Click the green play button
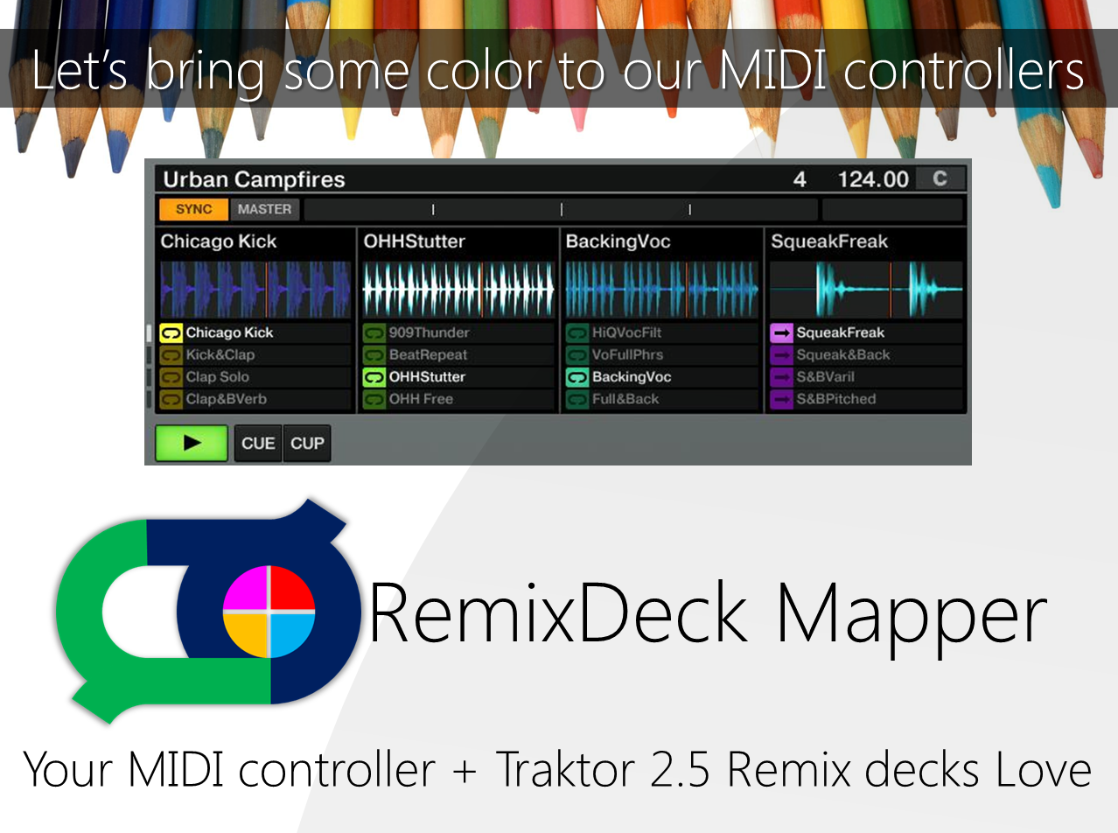click(192, 443)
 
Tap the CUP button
click(307, 443)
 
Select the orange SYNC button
click(193, 209)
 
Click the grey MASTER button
click(264, 209)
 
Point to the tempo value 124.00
click(873, 179)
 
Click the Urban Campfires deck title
click(255, 179)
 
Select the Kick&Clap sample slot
click(220, 354)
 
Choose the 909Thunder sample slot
click(429, 332)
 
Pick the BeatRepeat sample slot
click(428, 354)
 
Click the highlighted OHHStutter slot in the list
click(427, 377)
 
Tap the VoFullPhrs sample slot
click(627, 354)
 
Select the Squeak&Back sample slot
click(842, 354)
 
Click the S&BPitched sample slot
click(835, 399)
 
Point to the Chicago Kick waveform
click(255, 289)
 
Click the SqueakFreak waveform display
click(866, 289)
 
